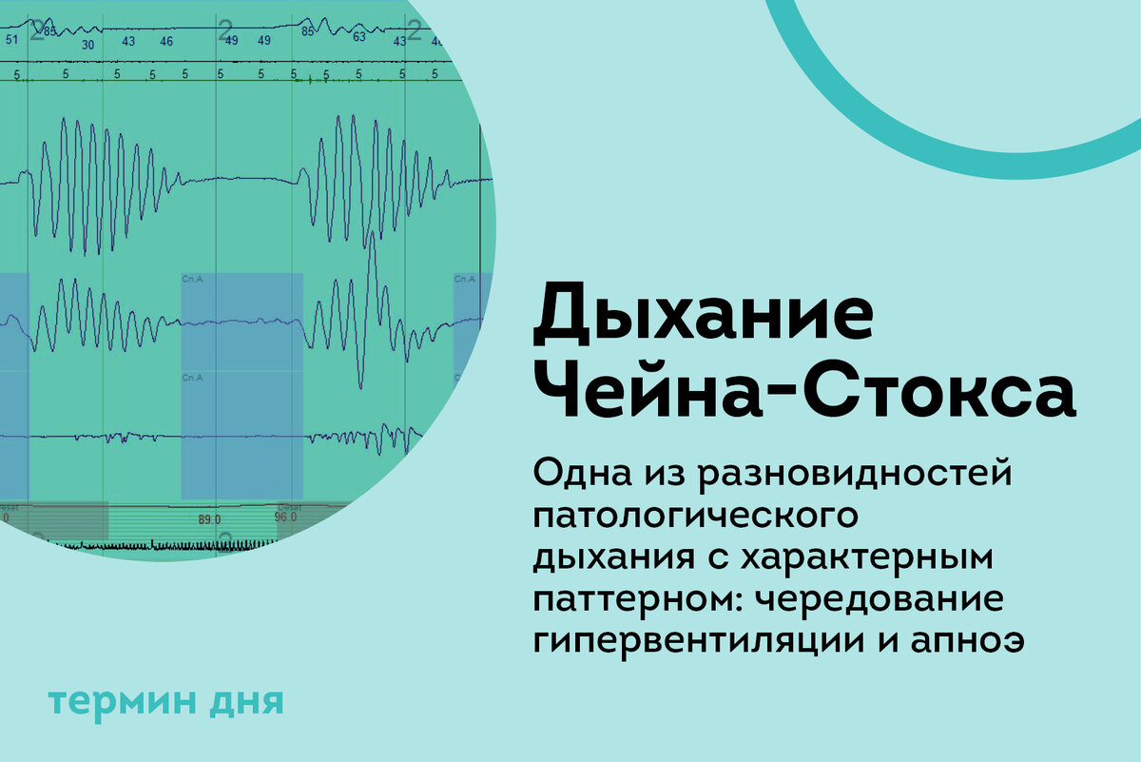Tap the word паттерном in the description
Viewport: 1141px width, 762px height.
[630, 599]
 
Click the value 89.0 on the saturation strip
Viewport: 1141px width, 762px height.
[209, 520]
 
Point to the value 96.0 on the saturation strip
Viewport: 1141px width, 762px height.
[285, 519]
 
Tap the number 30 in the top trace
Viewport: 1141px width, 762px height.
[87, 45]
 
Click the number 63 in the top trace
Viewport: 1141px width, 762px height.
[359, 39]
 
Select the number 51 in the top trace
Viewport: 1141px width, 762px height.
[11, 40]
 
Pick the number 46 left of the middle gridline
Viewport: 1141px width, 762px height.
[166, 42]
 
